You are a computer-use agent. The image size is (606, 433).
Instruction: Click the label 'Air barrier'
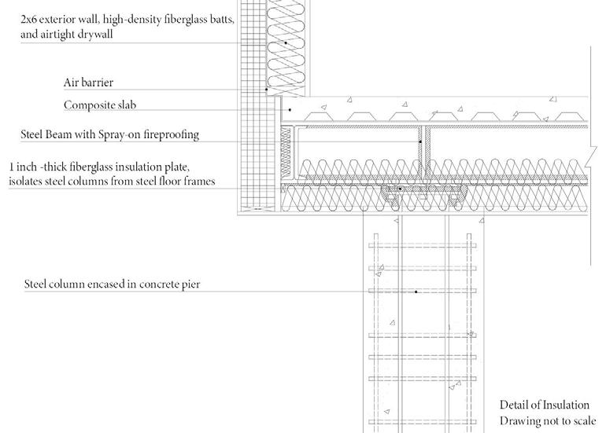pos(93,83)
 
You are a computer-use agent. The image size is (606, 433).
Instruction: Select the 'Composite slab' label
pos(100,105)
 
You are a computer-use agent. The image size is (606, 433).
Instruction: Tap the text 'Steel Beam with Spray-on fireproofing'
pos(110,134)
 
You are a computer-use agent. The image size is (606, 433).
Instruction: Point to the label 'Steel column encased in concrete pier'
pos(113,284)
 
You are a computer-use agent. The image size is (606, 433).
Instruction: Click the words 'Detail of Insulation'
pos(544,405)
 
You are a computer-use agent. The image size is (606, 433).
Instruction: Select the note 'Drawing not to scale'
pos(548,420)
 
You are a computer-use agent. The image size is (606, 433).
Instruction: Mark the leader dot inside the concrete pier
pos(416,292)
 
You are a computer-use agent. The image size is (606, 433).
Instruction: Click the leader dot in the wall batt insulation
pos(286,42)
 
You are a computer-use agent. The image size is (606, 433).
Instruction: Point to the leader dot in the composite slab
pos(290,109)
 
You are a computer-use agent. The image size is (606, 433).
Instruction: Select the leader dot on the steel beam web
pos(419,142)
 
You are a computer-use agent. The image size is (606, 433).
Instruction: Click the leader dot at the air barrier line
pos(267,90)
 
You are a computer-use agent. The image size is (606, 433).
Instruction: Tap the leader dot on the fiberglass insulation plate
pos(400,189)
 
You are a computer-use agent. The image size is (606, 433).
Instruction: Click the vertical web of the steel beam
pos(422,149)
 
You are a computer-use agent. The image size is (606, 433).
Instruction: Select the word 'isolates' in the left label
pos(28,182)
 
